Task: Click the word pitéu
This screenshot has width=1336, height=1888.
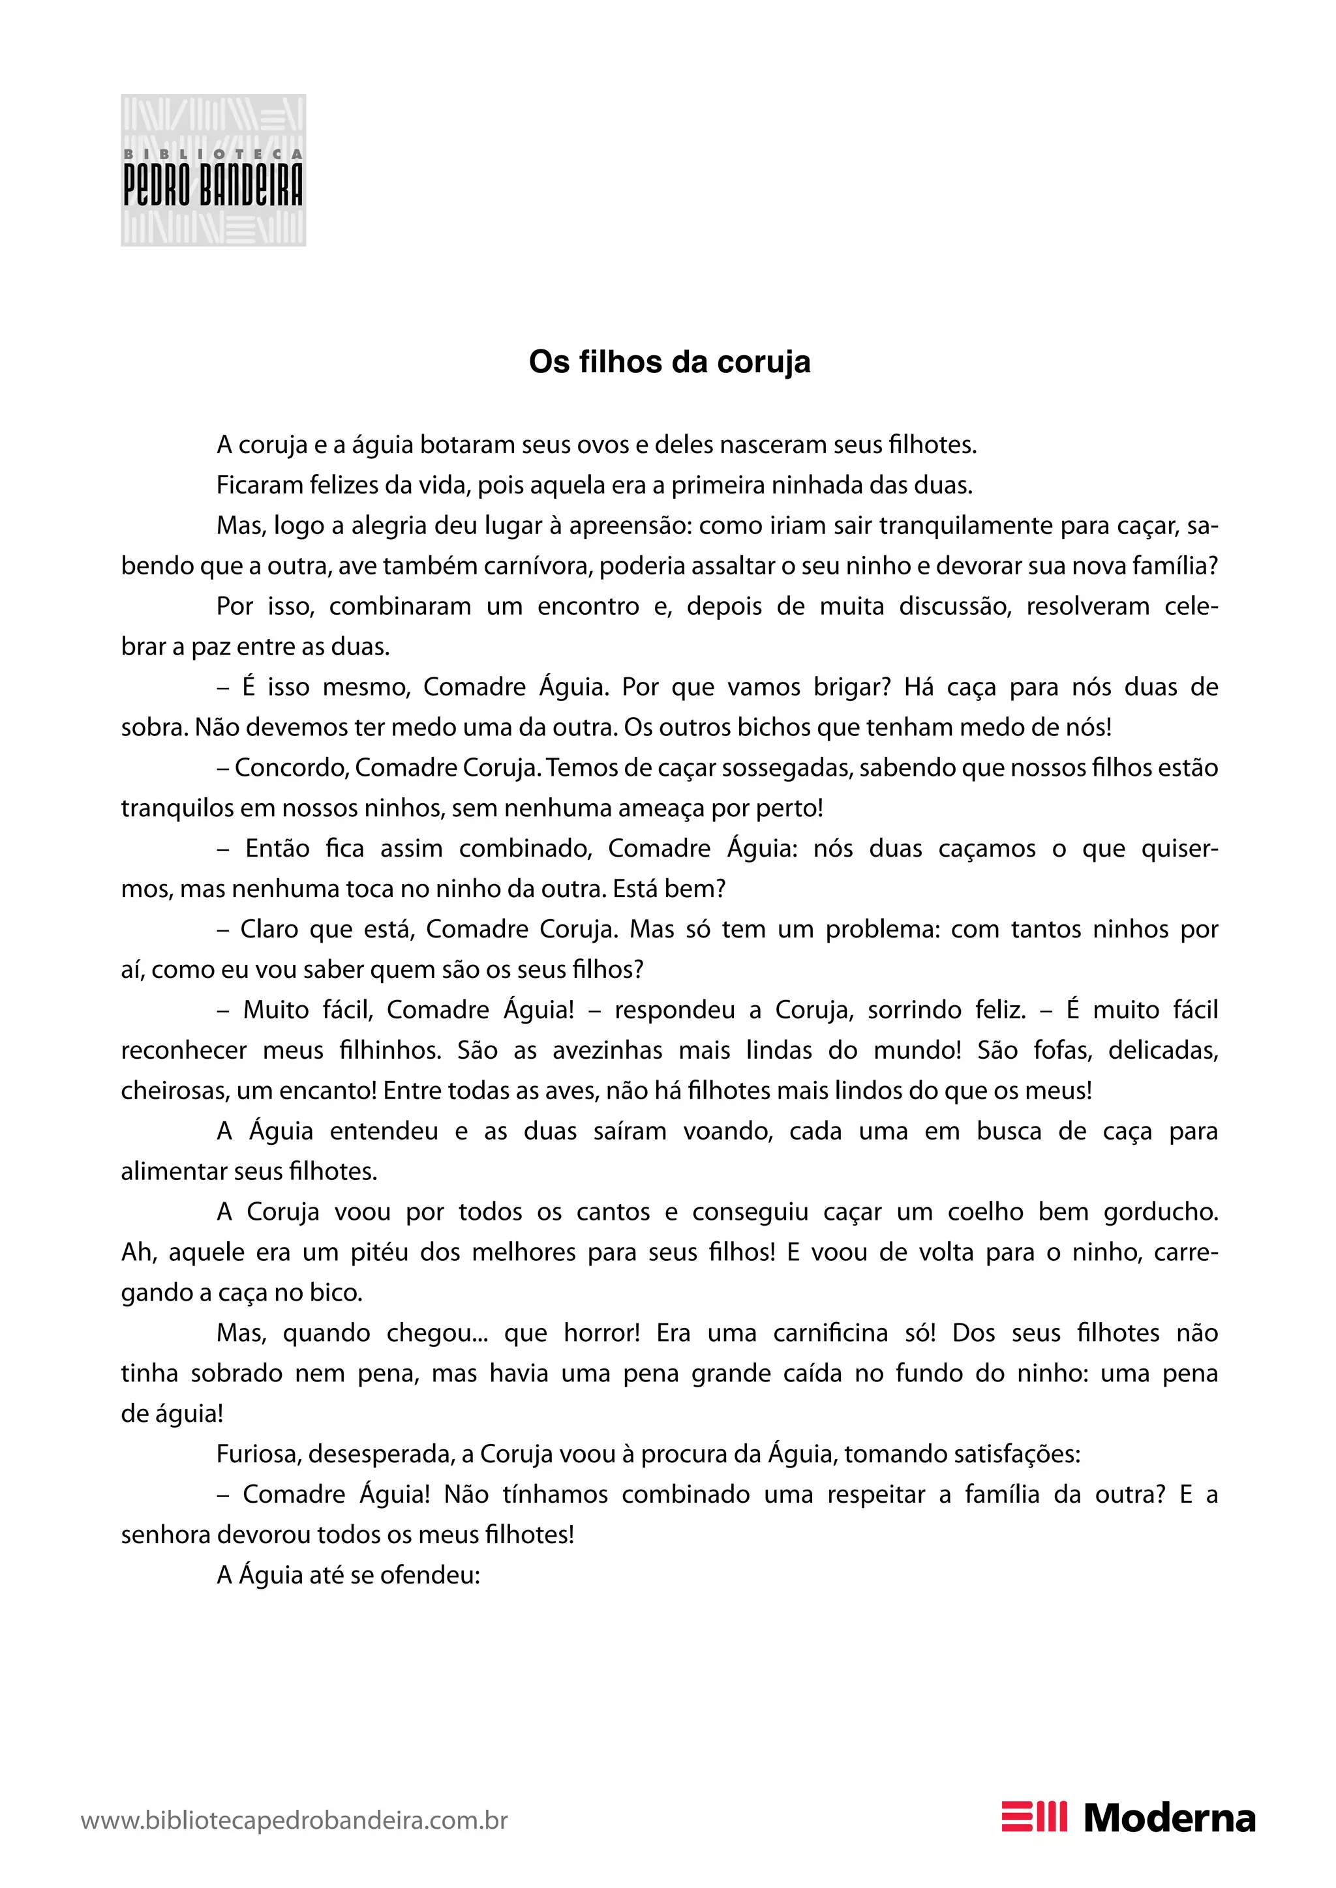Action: (x=378, y=1252)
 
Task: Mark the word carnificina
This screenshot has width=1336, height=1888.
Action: (x=830, y=1333)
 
